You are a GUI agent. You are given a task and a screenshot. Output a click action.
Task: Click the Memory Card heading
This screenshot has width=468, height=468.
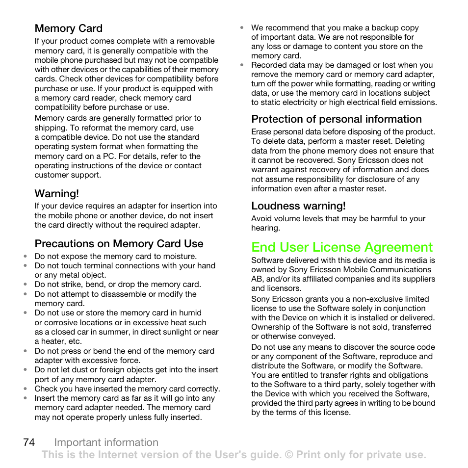click(x=68, y=28)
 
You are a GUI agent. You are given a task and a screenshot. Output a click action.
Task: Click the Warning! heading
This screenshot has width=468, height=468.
click(x=56, y=193)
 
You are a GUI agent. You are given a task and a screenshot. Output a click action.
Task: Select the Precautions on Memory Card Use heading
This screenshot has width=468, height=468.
click(x=119, y=244)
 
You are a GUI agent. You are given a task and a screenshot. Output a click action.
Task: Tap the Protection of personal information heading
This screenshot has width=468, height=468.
click(x=336, y=119)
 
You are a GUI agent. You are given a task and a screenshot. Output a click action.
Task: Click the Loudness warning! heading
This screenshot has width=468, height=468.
click(x=298, y=206)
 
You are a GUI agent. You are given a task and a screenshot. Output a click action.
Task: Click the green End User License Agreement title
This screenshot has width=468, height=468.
click(x=342, y=247)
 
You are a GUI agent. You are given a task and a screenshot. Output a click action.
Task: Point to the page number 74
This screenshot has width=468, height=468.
click(x=28, y=442)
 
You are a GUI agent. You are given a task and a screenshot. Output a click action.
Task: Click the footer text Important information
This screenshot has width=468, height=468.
click(x=106, y=442)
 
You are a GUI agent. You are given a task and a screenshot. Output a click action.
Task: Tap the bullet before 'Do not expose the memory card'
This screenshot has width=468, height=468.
click(x=26, y=257)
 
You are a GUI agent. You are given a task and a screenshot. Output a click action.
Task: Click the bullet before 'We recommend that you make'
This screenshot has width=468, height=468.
click(x=242, y=28)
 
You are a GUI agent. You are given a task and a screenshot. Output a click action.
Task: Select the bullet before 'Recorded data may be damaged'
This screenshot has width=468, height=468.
click(x=242, y=65)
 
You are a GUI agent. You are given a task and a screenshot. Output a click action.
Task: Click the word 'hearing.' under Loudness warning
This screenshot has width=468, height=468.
click(x=265, y=228)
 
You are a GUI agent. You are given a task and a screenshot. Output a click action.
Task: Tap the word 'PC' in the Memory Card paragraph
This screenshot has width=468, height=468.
click(x=94, y=156)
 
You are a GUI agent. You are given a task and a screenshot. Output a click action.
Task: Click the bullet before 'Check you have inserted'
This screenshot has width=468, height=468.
click(x=26, y=389)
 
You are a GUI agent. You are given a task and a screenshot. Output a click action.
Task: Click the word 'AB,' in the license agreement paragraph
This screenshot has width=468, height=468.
click(x=258, y=279)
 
